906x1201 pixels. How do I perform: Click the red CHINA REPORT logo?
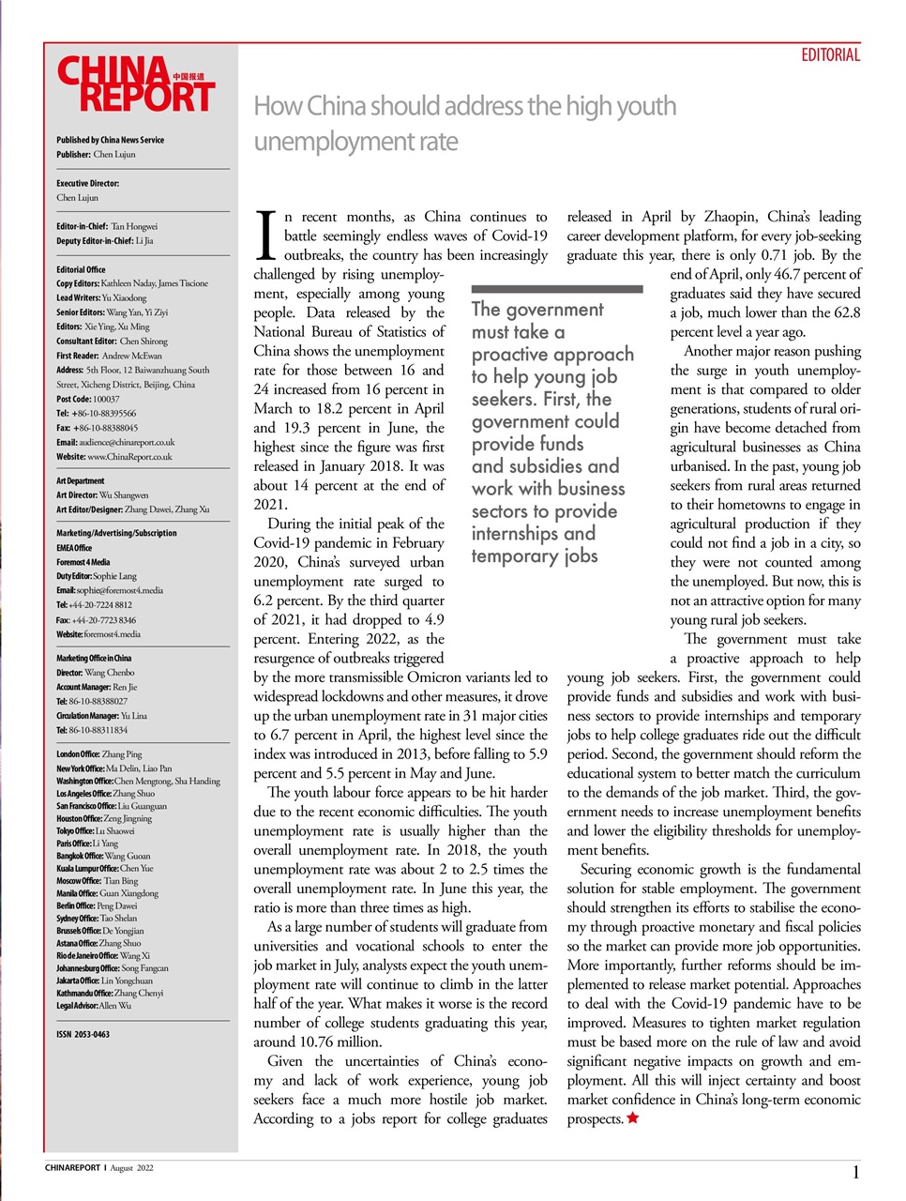(x=135, y=85)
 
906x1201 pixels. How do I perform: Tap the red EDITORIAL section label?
(x=830, y=55)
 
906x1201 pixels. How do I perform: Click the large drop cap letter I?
(x=265, y=236)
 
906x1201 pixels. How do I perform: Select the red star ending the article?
(x=633, y=1117)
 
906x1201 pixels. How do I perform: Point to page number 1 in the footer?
(x=855, y=1172)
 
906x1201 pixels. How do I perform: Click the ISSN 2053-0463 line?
(x=83, y=1034)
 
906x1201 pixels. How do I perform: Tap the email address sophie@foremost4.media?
(x=121, y=590)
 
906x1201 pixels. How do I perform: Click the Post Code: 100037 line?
(x=87, y=399)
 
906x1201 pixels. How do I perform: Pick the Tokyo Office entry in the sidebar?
(x=95, y=830)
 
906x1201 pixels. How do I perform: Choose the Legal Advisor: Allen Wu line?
(x=94, y=1005)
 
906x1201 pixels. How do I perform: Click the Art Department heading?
(x=81, y=480)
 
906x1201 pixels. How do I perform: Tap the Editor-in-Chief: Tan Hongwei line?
(x=107, y=226)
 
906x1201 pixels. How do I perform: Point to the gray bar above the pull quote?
(x=556, y=289)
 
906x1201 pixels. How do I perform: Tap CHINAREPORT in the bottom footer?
(x=72, y=1168)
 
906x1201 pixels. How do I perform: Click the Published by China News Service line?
(x=110, y=140)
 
